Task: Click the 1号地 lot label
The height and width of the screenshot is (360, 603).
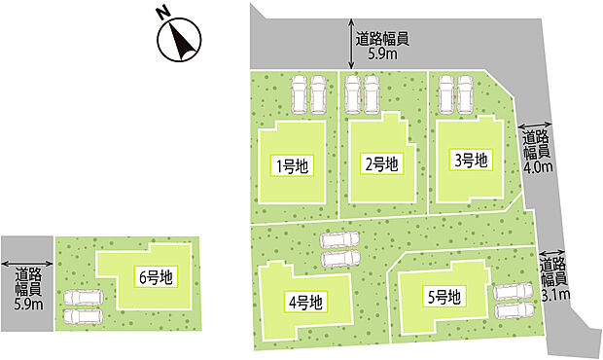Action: pyautogui.click(x=293, y=166)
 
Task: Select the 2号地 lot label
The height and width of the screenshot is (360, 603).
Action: pyautogui.click(x=381, y=164)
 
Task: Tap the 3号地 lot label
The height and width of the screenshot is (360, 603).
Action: pyautogui.click(x=471, y=161)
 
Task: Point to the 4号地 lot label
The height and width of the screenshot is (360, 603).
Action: pyautogui.click(x=305, y=303)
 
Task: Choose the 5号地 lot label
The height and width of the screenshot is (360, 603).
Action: pyautogui.click(x=444, y=297)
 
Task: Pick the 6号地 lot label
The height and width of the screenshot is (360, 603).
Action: pyautogui.click(x=157, y=276)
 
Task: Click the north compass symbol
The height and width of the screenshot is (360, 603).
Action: pyautogui.click(x=179, y=39)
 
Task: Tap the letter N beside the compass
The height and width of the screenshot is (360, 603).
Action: pyautogui.click(x=163, y=14)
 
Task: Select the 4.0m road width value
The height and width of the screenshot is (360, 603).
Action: pyautogui.click(x=539, y=167)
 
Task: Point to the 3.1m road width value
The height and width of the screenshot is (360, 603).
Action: pyautogui.click(x=555, y=295)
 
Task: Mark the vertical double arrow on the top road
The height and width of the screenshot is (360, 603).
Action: pyautogui.click(x=351, y=44)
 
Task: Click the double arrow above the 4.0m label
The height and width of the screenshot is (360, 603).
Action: pyautogui.click(x=535, y=126)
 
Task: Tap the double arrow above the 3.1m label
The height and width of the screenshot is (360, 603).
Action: pyautogui.click(x=551, y=253)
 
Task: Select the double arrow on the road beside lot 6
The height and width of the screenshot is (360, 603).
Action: pyautogui.click(x=27, y=264)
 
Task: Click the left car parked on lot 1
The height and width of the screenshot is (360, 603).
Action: pyautogui.click(x=300, y=94)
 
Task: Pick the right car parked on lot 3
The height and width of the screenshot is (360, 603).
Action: pyautogui.click(x=465, y=94)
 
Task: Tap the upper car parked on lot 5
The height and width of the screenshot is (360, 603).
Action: pyautogui.click(x=513, y=291)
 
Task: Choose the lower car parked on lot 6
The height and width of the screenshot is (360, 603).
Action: pyautogui.click(x=84, y=315)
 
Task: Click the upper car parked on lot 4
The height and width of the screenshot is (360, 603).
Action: pyautogui.click(x=340, y=240)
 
